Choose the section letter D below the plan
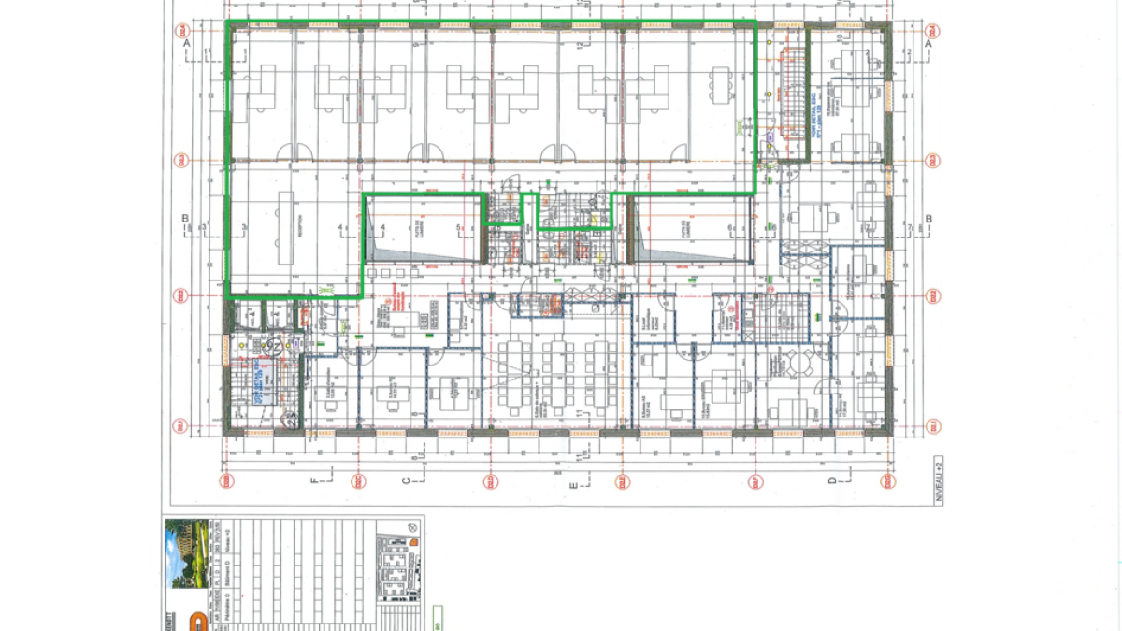(x=831, y=481)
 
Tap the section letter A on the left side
(x=187, y=44)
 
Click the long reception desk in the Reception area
(x=285, y=224)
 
